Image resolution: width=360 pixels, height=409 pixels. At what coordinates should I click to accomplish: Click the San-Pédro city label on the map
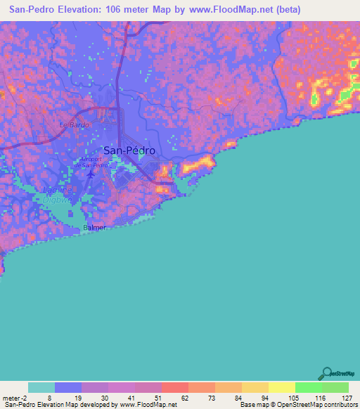tap(129, 150)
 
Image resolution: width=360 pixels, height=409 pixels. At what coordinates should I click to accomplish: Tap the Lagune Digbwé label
tap(58, 193)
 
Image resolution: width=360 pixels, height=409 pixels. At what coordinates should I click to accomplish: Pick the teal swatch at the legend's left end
tap(41, 387)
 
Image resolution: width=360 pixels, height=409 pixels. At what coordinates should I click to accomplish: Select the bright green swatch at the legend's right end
tap(335, 387)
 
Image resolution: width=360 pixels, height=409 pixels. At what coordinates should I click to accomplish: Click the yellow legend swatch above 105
tap(282, 387)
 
